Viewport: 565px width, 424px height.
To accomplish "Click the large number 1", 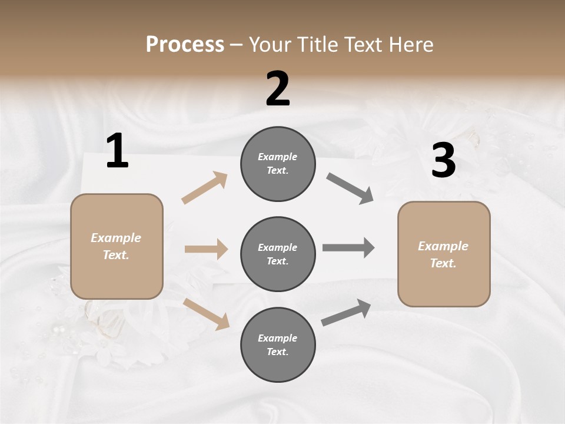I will (117, 151).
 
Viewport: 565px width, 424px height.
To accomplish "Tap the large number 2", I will (278, 89).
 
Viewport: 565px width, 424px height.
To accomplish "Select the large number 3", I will (443, 160).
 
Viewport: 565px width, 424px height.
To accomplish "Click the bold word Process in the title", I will (185, 44).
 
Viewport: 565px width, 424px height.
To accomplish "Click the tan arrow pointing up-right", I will (205, 188).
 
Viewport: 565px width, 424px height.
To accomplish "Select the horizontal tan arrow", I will (206, 249).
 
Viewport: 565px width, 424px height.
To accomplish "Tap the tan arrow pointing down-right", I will (207, 313).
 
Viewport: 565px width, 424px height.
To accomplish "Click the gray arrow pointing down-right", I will (350, 188).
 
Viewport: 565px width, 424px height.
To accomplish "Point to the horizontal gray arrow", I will (348, 248).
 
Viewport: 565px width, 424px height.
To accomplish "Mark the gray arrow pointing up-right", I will (346, 312).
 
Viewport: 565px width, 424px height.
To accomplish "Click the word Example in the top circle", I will (278, 157).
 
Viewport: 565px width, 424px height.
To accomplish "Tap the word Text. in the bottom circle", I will (278, 352).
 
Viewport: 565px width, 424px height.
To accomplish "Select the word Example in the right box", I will (443, 246).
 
